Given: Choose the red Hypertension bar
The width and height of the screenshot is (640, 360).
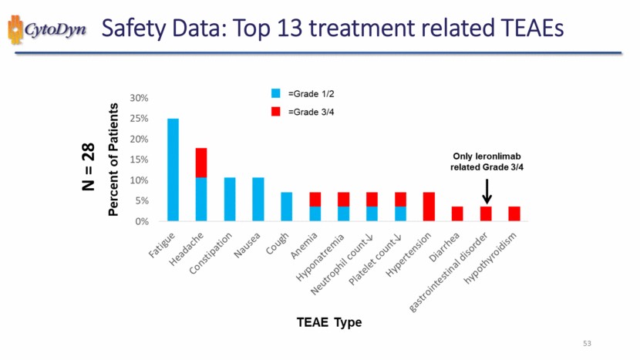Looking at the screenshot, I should coord(429,207).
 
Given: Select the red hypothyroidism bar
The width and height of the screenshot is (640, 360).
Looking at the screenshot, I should coord(514,214).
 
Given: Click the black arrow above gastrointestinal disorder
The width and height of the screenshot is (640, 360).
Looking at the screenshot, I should coord(487,189).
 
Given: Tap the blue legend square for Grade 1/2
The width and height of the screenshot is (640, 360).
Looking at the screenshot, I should coord(275,93).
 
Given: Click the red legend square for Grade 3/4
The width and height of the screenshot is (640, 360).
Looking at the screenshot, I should coord(275,112).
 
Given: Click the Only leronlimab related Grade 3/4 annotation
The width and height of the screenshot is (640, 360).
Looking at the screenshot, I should coord(487,162).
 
